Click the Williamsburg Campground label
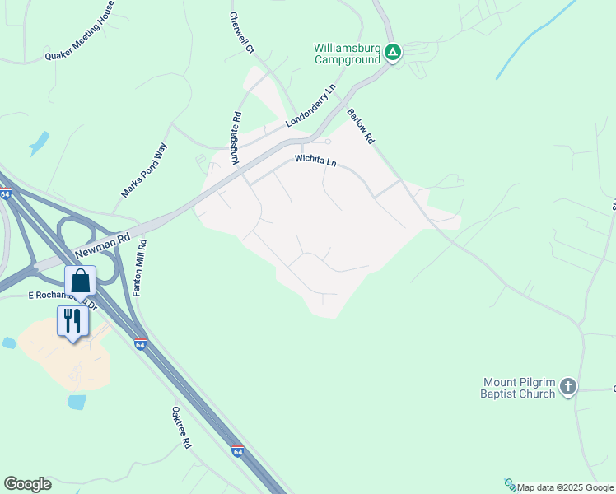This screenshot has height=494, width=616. coord(347,53)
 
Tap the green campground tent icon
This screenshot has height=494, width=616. coord(394,53)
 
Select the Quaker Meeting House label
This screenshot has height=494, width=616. coord(80,32)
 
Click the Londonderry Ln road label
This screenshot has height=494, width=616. coord(311,105)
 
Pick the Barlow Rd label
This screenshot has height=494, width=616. coord(361,127)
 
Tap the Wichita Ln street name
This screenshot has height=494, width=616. coord(316,161)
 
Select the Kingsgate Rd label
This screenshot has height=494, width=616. coord(236,137)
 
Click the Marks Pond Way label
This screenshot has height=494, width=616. coord(144,170)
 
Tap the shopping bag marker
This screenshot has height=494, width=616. coord(81,281)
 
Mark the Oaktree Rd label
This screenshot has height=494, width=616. coord(181,427)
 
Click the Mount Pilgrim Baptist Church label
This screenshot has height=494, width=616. coord(519,387)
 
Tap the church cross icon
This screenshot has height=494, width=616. coord(568,386)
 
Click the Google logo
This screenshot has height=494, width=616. coord(27,484)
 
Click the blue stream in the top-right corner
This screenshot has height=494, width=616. coord(535,41)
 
